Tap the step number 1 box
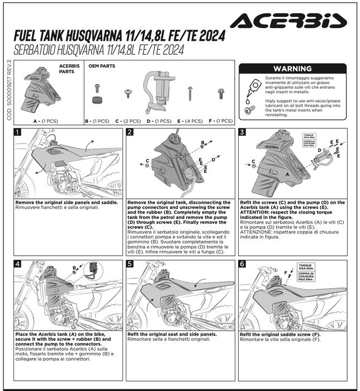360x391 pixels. [x=18, y=132]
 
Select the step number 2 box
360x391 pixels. [x=130, y=132]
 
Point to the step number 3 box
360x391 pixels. [x=242, y=132]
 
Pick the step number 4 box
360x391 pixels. [x=18, y=264]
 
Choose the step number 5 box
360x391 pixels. [x=130, y=264]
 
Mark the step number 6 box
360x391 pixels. [x=242, y=264]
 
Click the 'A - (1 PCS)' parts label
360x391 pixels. [x=45, y=121]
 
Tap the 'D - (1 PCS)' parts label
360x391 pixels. [x=159, y=121]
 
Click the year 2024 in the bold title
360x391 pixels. [x=209, y=36]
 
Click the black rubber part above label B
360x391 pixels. [x=98, y=101]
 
